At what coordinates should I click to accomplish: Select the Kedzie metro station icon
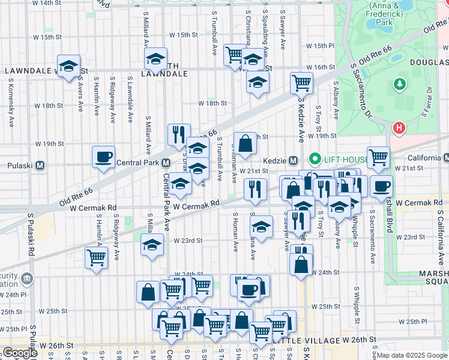coord(294,160)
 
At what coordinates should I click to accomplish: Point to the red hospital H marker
coord(399,128)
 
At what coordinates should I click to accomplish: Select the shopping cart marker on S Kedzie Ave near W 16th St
coord(301,83)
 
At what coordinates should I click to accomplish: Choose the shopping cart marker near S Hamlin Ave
coord(96,258)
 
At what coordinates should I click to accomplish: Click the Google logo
coord(20,353)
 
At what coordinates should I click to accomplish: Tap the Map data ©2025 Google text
coord(412,355)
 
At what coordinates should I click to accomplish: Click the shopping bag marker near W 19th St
coord(245,143)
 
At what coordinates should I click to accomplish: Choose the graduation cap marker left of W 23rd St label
coord(152,245)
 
